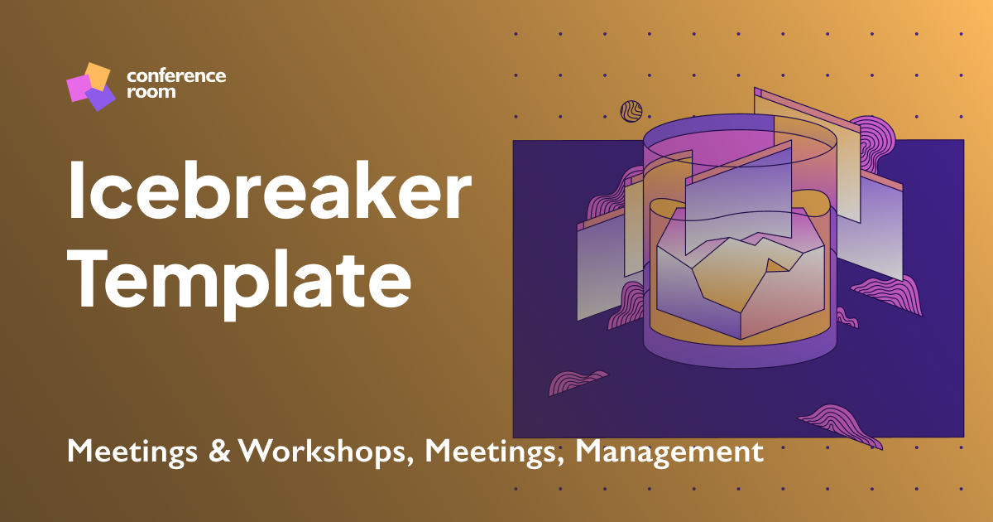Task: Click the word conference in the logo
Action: click(x=175, y=76)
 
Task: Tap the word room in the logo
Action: click(x=151, y=93)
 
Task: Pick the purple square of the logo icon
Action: click(x=100, y=99)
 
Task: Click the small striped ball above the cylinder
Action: click(x=631, y=111)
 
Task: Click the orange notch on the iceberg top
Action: click(x=777, y=265)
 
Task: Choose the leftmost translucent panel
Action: click(x=597, y=269)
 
